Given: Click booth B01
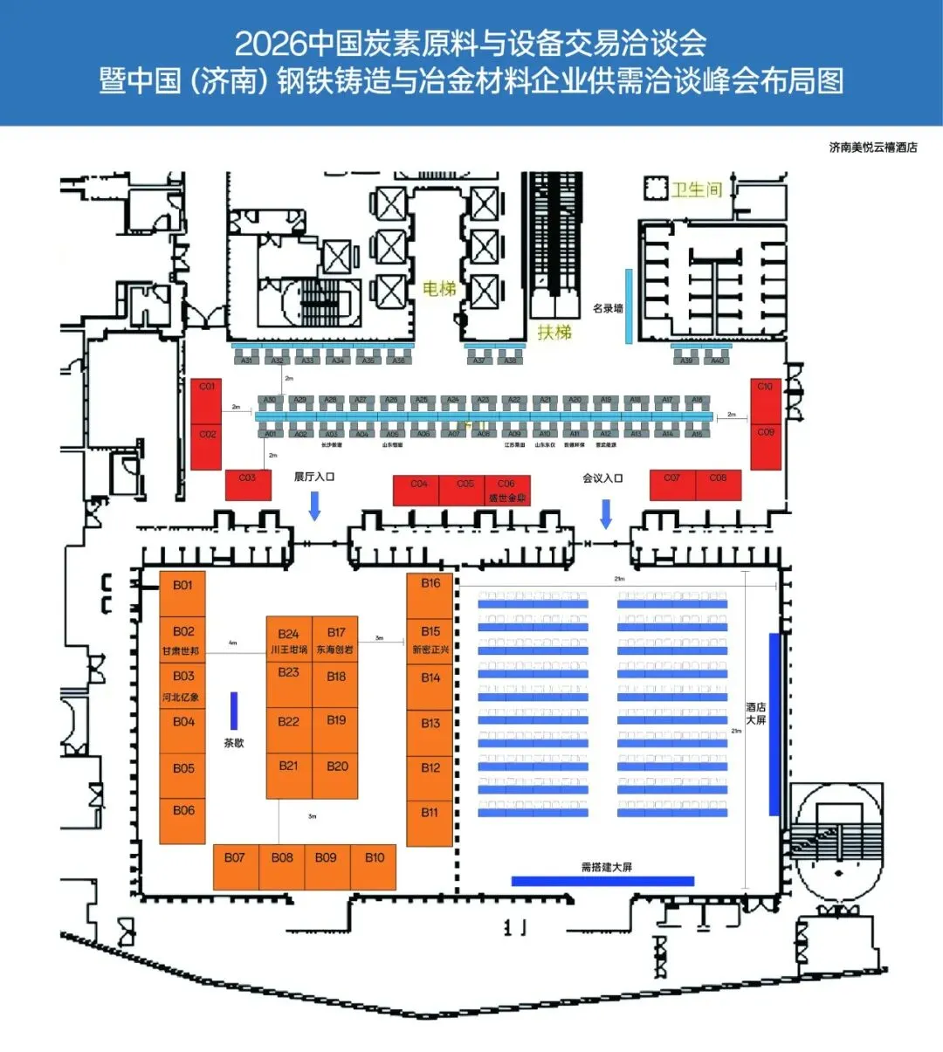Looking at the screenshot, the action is (182, 594).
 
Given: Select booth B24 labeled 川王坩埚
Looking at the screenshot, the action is (289, 640).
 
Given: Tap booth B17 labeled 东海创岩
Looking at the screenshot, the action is (336, 640).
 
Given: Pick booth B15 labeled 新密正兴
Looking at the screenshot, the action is (430, 640).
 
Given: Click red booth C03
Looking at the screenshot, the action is (248, 485).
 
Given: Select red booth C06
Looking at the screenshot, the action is (507, 490).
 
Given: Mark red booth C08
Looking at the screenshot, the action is (718, 485).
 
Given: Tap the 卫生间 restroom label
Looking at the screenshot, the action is (696, 189).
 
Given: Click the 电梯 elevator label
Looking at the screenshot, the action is (439, 288).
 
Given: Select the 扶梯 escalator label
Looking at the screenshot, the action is (554, 332).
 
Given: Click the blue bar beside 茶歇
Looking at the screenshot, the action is (234, 711).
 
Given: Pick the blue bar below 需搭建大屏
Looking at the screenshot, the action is (602, 881).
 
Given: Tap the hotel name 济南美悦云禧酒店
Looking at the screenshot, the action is (872, 148).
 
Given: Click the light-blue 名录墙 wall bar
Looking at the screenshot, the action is (629, 306).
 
